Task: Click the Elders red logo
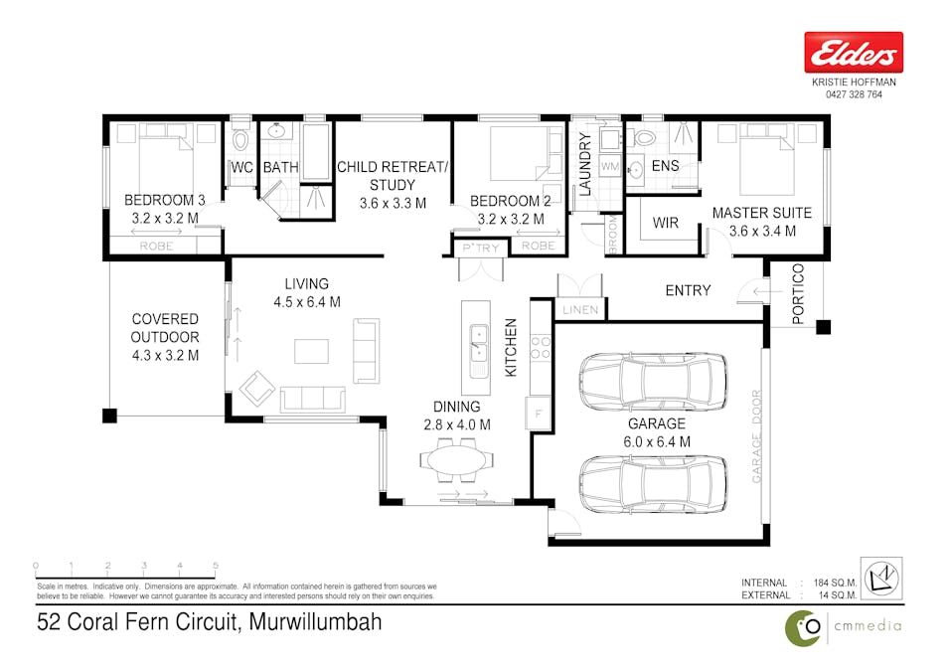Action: (853, 52)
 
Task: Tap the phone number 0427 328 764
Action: (853, 94)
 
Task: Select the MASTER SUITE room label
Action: (762, 213)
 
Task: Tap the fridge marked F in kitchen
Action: (539, 412)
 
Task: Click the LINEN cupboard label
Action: (580, 310)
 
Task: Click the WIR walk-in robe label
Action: (666, 223)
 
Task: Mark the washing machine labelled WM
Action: (609, 166)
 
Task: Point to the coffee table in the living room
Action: (311, 351)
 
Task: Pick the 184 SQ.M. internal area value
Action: (836, 583)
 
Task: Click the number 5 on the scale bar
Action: (216, 565)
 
